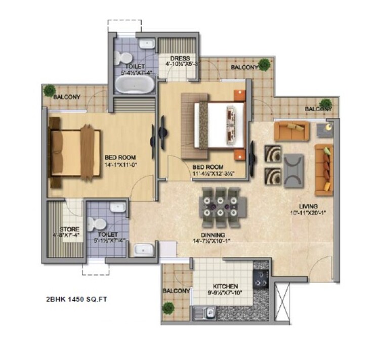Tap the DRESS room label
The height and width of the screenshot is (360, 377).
(180, 58)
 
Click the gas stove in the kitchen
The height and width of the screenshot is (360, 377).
(261, 278)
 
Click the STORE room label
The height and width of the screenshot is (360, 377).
(69, 229)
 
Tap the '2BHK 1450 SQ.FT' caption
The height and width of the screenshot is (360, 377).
(76, 299)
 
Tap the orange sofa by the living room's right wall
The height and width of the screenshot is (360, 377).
(323, 169)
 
